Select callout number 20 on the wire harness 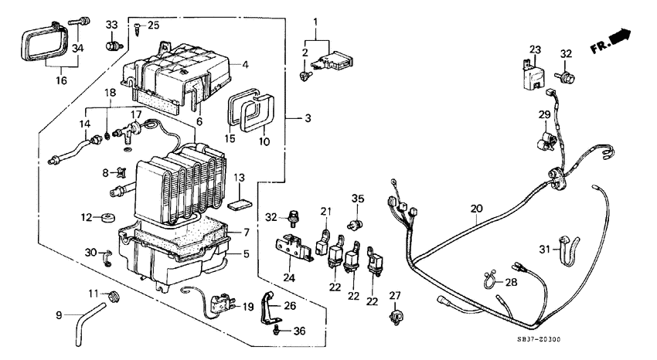point(475,208)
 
